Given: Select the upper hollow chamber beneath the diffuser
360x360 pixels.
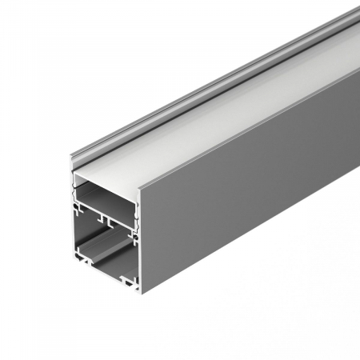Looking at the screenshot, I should coord(104,193).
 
